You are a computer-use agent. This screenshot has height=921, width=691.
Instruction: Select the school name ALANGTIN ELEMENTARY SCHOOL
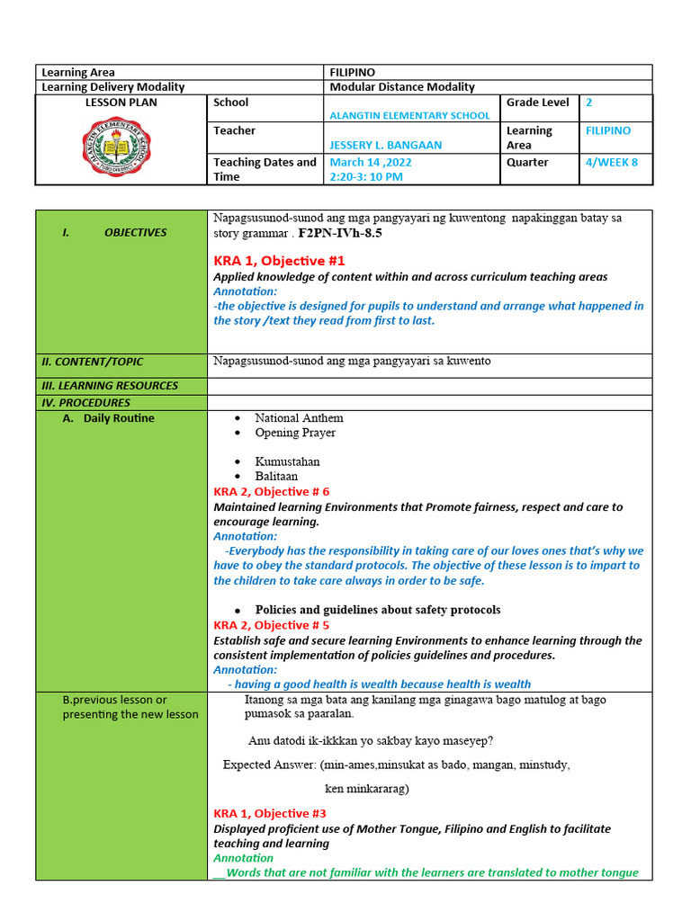[x=410, y=115]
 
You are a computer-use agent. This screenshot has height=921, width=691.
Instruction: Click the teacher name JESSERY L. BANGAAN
[x=385, y=145]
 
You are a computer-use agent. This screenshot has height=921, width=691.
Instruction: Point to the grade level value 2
[x=589, y=103]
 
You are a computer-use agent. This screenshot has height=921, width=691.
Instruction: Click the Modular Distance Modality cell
[x=402, y=86]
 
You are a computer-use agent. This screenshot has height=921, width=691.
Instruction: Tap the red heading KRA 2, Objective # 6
[x=272, y=492]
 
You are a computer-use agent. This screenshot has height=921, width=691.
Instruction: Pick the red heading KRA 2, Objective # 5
[x=272, y=625]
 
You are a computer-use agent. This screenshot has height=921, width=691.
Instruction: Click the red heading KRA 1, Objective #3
[x=270, y=813]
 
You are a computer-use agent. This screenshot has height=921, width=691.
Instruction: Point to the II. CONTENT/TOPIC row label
[x=92, y=362]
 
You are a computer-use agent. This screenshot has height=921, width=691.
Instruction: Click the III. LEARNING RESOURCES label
[x=109, y=386]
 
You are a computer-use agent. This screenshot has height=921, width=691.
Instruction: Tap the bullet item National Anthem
[x=299, y=418]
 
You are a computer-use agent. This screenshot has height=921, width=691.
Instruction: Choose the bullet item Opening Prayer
[x=295, y=433]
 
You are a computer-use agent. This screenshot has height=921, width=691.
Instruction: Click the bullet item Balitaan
[x=276, y=476]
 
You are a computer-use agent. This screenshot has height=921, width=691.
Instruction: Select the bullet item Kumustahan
[x=287, y=461]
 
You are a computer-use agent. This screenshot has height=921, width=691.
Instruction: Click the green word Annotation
[x=243, y=858]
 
